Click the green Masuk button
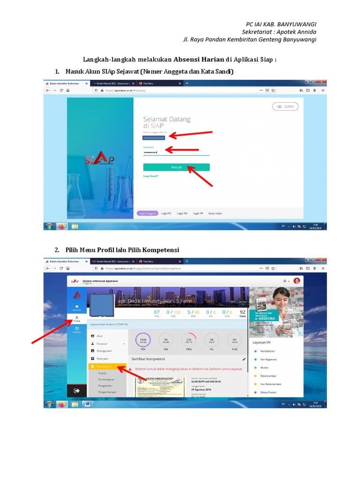[176, 167]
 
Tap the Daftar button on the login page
[285, 106]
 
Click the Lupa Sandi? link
[151, 176]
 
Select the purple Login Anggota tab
[148, 213]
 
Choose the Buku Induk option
[215, 213]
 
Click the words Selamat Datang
[167, 119]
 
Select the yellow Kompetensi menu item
[107, 366]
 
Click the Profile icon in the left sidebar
[77, 318]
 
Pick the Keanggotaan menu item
[105, 351]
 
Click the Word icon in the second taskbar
[88, 404]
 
